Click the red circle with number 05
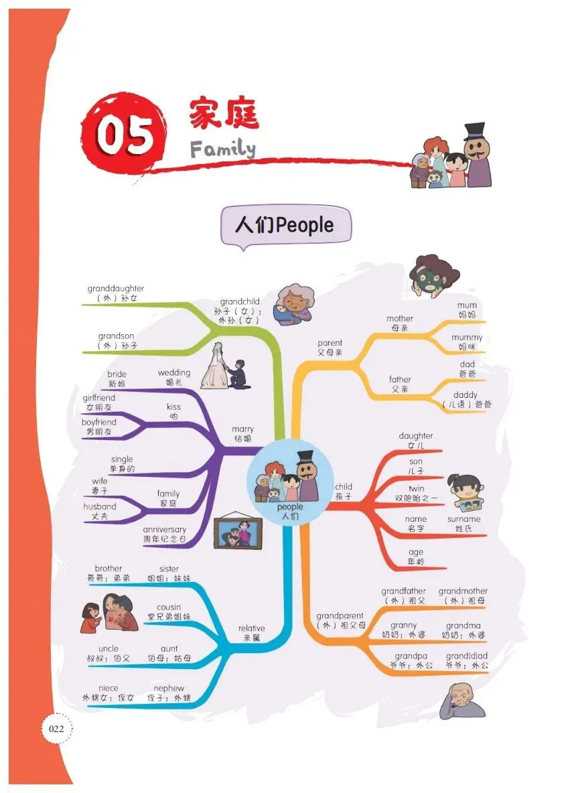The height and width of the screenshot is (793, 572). [125, 134]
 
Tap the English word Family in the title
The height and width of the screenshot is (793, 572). [222, 149]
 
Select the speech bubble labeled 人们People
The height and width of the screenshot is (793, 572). [286, 226]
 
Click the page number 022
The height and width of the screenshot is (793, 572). [57, 729]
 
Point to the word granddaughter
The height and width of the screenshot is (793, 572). [116, 288]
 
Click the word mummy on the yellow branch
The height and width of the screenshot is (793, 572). [467, 338]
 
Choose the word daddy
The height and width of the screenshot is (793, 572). [466, 394]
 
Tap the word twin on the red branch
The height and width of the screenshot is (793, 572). [416, 488]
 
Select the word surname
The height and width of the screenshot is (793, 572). [463, 519]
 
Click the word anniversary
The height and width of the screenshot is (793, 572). [164, 530]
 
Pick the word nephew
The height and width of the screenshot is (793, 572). [169, 689]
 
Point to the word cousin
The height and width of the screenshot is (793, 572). [169, 607]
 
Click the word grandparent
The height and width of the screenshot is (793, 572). [340, 616]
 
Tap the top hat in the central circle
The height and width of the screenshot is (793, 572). [305, 457]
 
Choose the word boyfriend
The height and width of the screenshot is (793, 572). [99, 422]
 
